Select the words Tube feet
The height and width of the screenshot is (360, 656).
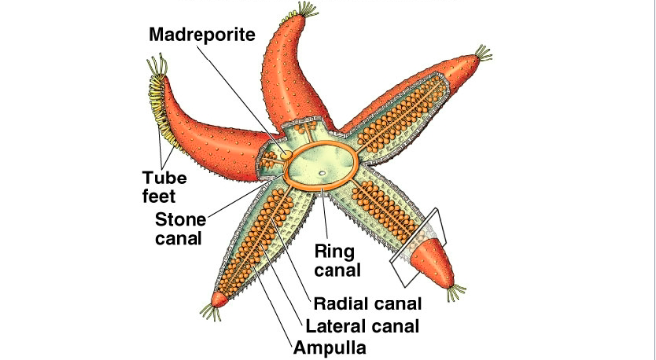click(x=164, y=186)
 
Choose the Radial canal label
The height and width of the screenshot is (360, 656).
click(x=368, y=303)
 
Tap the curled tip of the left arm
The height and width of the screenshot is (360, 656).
click(x=156, y=69)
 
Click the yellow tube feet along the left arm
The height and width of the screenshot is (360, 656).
click(x=164, y=124)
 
